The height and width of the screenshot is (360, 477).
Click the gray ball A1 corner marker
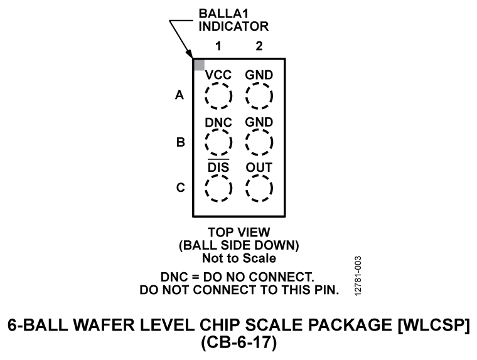point(199,64)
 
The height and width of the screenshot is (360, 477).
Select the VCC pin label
point(218,75)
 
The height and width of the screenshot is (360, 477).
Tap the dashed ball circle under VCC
point(218,97)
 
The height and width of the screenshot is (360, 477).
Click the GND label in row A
point(259,75)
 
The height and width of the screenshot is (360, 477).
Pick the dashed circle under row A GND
point(259,97)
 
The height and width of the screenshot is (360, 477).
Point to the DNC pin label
point(218,122)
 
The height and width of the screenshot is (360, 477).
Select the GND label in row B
point(259,122)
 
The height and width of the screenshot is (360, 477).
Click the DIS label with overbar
point(218,167)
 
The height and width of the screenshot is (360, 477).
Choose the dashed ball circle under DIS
point(218,188)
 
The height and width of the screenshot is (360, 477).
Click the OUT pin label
point(259,167)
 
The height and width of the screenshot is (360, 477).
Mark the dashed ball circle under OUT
point(259,188)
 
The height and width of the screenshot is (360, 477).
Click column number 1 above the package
point(218,46)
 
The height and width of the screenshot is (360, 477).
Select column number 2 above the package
point(259,46)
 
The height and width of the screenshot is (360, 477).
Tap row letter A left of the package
point(179,97)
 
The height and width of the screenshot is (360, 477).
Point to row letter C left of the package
point(179,188)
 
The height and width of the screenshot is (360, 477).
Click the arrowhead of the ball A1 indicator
point(191,55)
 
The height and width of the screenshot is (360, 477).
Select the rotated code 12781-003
point(357,275)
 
